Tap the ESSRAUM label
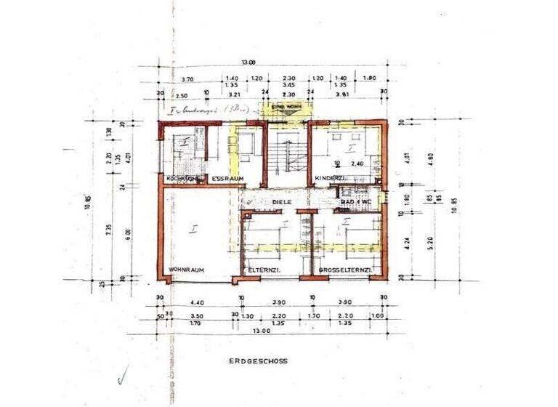point(227,178)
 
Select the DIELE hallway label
point(282,202)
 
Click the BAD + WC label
point(357,201)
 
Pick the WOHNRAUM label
point(186,270)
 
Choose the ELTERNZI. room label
point(264,270)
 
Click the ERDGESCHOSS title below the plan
point(258,360)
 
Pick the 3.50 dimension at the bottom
point(195,315)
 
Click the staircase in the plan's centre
point(286,156)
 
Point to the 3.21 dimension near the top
point(233,94)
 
